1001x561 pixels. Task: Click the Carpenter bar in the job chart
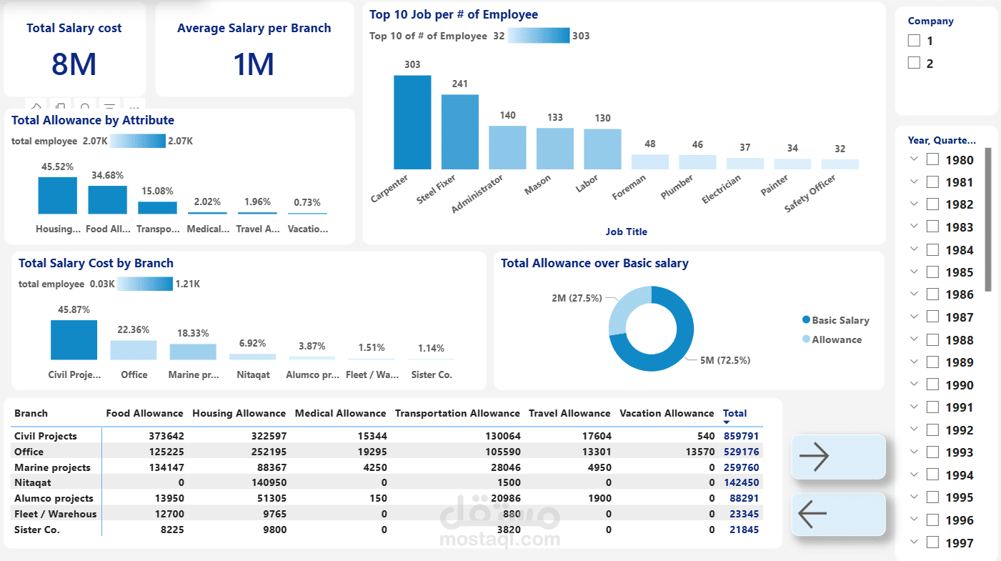coord(412,122)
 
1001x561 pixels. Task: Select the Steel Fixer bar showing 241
coord(459,132)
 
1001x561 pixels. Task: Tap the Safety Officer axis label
coord(810,194)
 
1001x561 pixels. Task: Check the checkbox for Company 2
coord(914,63)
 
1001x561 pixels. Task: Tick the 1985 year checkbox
coord(932,272)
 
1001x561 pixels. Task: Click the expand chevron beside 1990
coord(914,384)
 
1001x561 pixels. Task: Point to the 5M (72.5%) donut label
coord(724,360)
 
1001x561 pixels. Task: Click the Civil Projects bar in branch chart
coord(74,340)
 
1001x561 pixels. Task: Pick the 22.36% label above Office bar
coord(134,329)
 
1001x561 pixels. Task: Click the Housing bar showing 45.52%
coord(57,196)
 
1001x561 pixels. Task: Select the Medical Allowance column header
coord(340,413)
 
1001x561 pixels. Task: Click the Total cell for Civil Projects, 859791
coord(740,436)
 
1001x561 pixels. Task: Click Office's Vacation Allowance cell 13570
coord(699,452)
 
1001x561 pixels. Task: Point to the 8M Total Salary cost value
coord(74,64)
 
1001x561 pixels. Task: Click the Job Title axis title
coord(626,232)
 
